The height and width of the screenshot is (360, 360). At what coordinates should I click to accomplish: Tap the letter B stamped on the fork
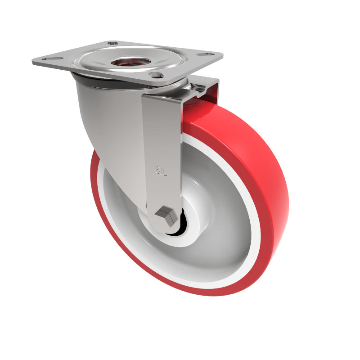(x=158, y=171)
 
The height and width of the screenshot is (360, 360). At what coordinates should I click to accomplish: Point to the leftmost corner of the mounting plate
(x=33, y=60)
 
